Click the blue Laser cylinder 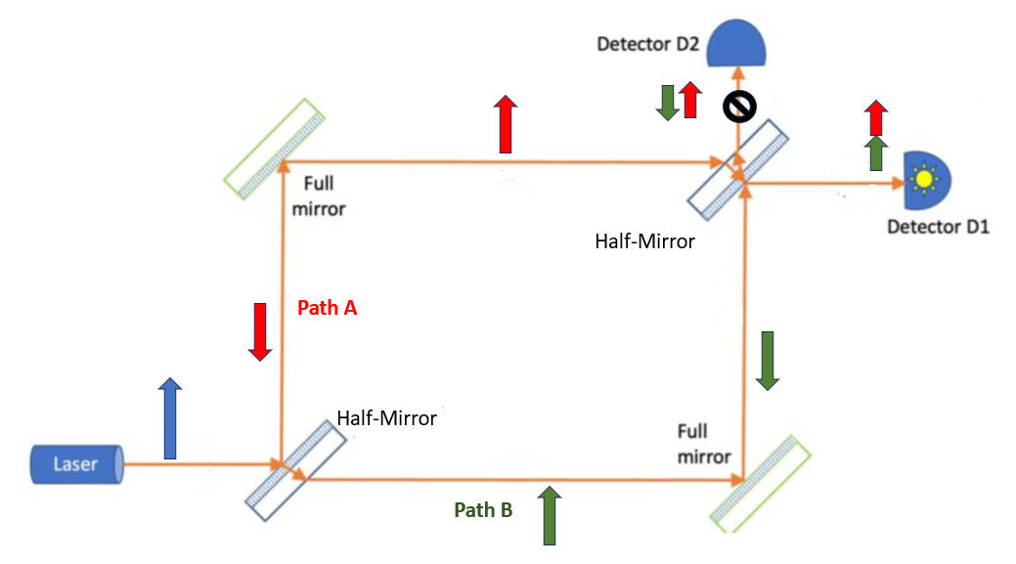pyautogui.click(x=76, y=463)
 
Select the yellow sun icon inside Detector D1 pyautogui.click(x=922, y=180)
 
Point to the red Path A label pyautogui.click(x=327, y=308)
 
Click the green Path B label pyautogui.click(x=483, y=509)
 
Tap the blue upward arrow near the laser pyautogui.click(x=170, y=417)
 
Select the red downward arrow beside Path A pyautogui.click(x=259, y=331)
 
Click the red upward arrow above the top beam pyautogui.click(x=505, y=124)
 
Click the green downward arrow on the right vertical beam pyautogui.click(x=768, y=361)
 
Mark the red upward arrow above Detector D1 pyautogui.click(x=876, y=117)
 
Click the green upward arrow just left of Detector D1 pyautogui.click(x=876, y=153)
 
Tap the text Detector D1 pyautogui.click(x=938, y=227)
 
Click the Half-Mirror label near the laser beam pyautogui.click(x=386, y=417)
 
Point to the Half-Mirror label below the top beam pyautogui.click(x=644, y=240)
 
